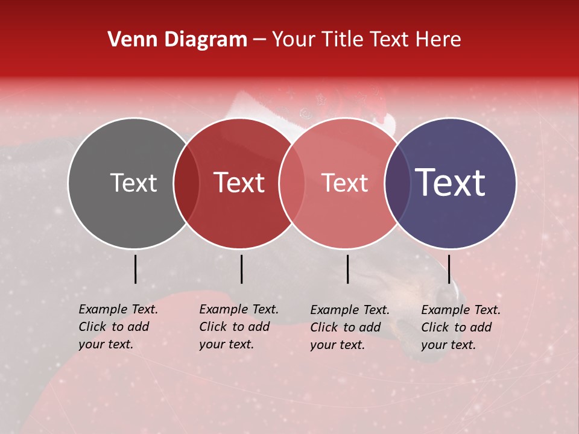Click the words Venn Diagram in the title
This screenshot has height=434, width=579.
pos(177,40)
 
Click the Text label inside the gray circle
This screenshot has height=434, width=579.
pos(134,183)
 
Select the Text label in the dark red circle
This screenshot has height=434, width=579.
pos(239,183)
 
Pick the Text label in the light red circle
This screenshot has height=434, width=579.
pos(344,183)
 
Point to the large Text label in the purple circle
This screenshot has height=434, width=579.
pos(451,183)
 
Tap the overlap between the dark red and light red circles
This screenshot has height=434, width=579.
pos(291,183)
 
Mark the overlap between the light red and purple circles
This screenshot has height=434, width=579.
pos(397,183)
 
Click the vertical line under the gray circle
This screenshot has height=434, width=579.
pos(135,269)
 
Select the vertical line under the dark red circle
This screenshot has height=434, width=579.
pos(241,269)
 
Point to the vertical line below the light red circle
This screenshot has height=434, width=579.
pos(348,269)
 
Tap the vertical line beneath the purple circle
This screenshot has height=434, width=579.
pos(449,269)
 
